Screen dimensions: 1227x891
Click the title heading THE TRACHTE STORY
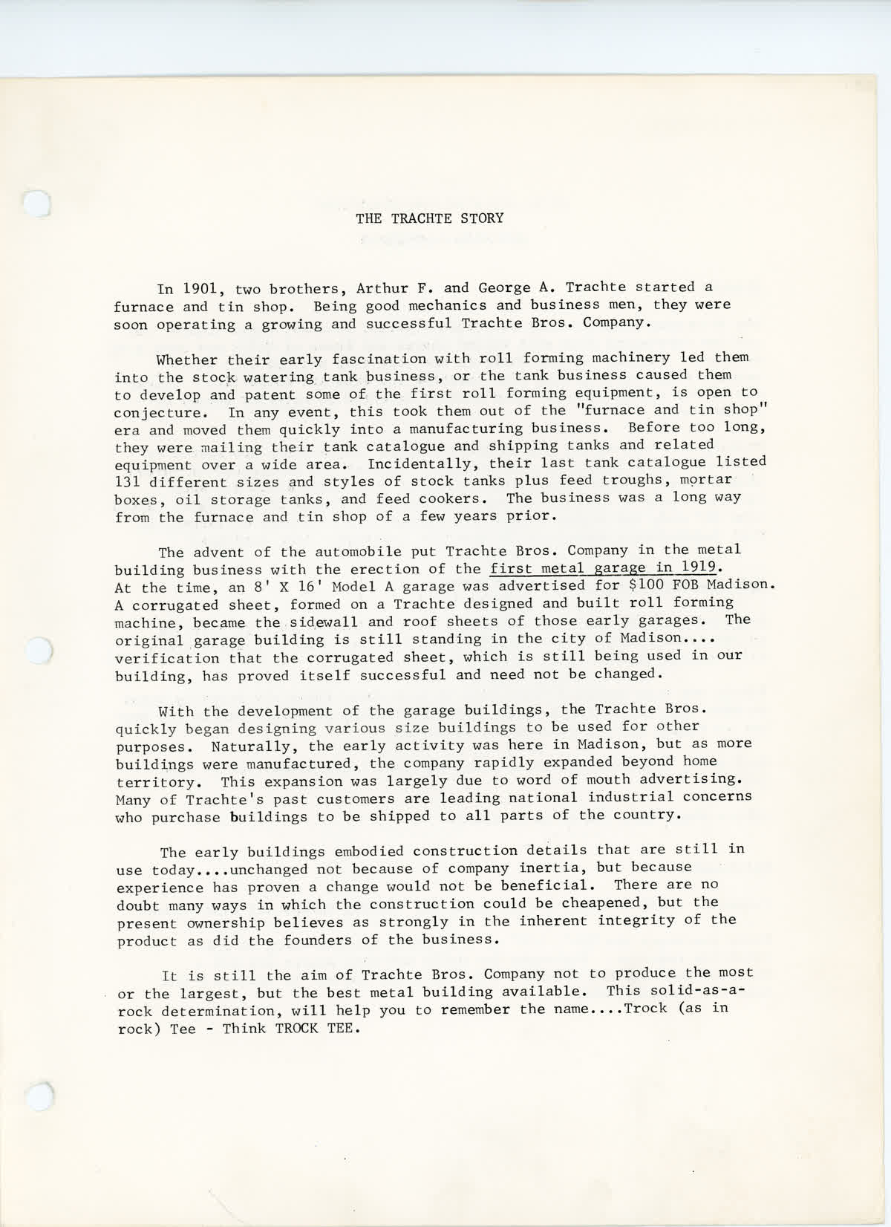tap(429, 218)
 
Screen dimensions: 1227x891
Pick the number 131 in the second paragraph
tap(128, 481)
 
